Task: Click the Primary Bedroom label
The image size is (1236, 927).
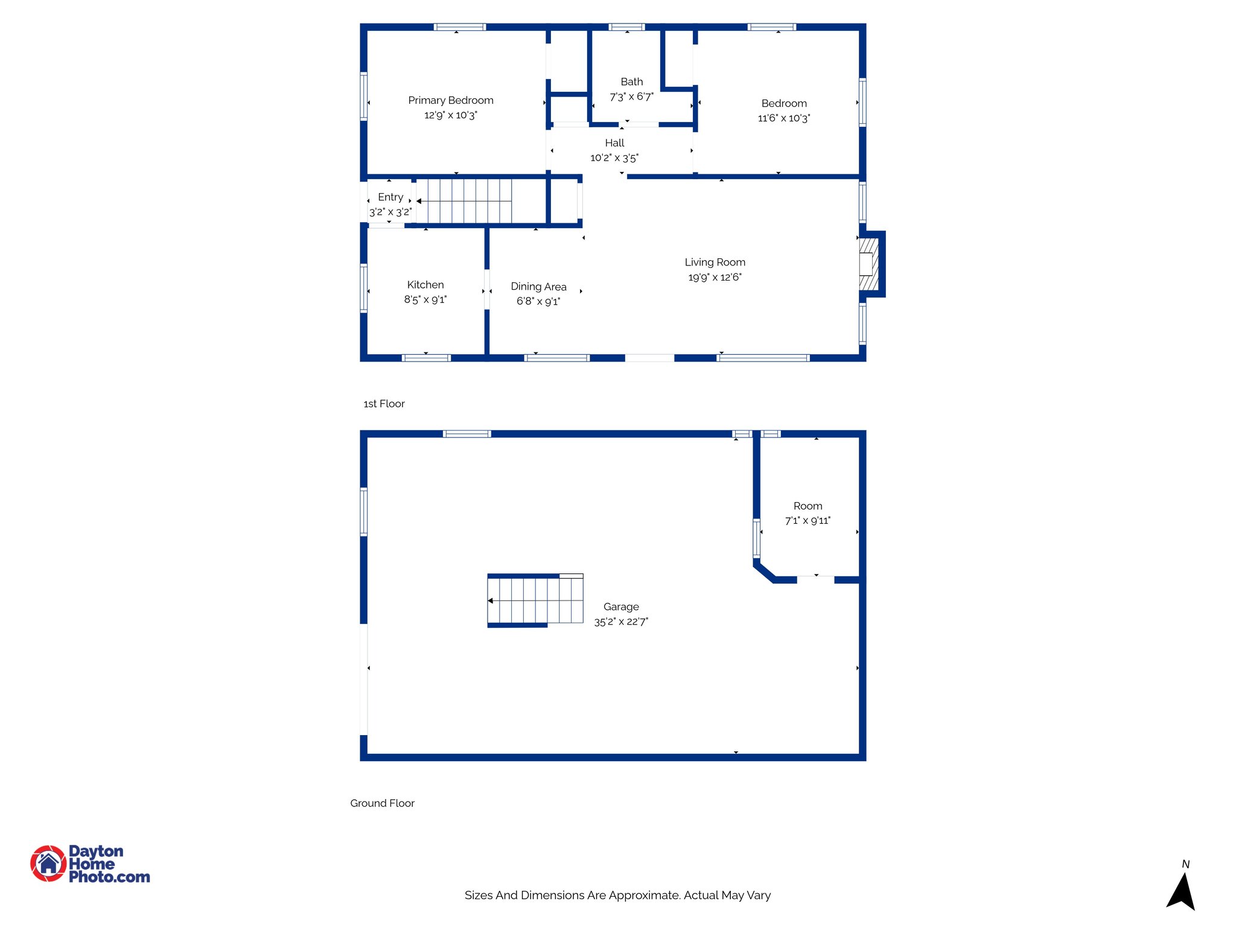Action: [x=450, y=100]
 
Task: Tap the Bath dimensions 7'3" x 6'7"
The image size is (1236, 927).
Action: [x=631, y=97]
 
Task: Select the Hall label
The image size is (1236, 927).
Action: [x=614, y=143]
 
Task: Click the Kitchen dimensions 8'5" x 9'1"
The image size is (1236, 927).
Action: [x=425, y=299]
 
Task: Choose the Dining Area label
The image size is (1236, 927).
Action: [x=538, y=287]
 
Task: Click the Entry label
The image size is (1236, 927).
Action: [x=390, y=197]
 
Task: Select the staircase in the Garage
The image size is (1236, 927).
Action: [x=535, y=600]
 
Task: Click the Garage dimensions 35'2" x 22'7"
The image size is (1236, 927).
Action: [x=621, y=622]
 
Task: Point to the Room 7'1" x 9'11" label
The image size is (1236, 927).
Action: [x=808, y=506]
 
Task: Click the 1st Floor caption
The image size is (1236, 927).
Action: [x=384, y=404]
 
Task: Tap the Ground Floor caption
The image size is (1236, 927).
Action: [x=382, y=803]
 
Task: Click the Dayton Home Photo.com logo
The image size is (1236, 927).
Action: [x=91, y=864]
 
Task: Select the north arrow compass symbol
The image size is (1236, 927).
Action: [x=1181, y=890]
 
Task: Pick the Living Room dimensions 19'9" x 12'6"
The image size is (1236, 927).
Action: [x=715, y=278]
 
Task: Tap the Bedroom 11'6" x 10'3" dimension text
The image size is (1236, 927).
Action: [x=783, y=118]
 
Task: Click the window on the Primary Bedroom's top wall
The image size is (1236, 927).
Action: [x=460, y=27]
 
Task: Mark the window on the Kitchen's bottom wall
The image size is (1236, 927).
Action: [x=426, y=358]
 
